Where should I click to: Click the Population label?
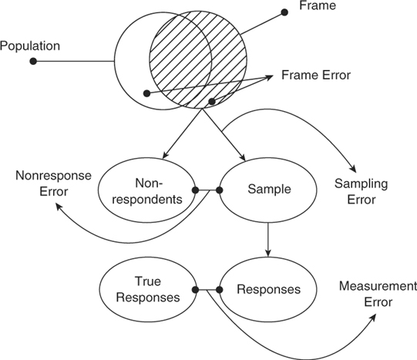coord(30,46)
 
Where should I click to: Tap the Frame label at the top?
coord(318,5)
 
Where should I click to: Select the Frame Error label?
coord(316,75)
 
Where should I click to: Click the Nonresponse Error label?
coord(53,183)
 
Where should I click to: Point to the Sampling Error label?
coord(362,191)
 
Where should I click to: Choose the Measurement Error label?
coord(378,294)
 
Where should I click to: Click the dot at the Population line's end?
coord(33,62)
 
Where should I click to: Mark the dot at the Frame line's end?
coord(284,12)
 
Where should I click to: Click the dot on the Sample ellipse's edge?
coord(220,190)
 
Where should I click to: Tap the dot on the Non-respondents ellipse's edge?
coord(196,190)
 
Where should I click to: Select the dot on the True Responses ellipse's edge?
coord(196,290)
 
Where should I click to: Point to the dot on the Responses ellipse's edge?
coord(220,290)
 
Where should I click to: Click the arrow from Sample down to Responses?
coord(268,240)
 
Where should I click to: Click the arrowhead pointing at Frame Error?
coord(269,77)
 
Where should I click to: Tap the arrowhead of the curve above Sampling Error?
coord(354,169)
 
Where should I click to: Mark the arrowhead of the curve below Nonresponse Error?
coord(59,206)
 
